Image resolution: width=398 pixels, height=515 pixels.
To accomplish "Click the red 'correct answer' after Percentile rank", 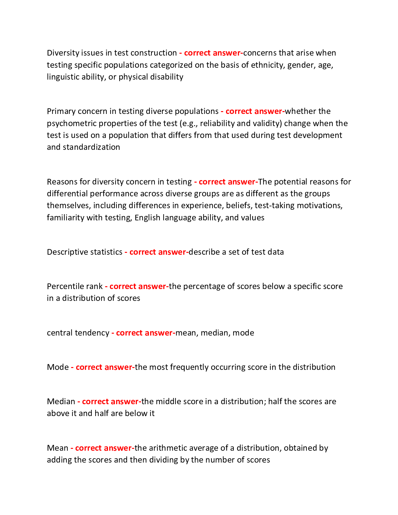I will click(x=138, y=286).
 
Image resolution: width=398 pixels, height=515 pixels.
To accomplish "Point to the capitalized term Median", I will click(x=61, y=401).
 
